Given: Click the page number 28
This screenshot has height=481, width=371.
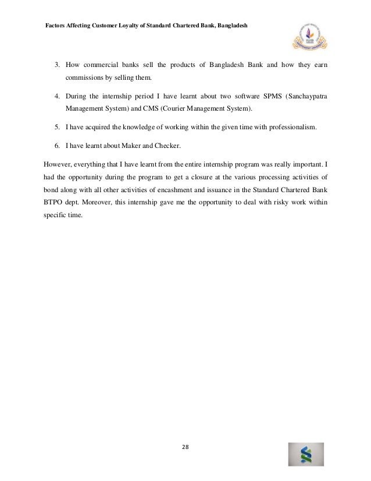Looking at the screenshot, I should [185, 447].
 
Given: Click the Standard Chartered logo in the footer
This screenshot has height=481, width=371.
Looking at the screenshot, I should [306, 455].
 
